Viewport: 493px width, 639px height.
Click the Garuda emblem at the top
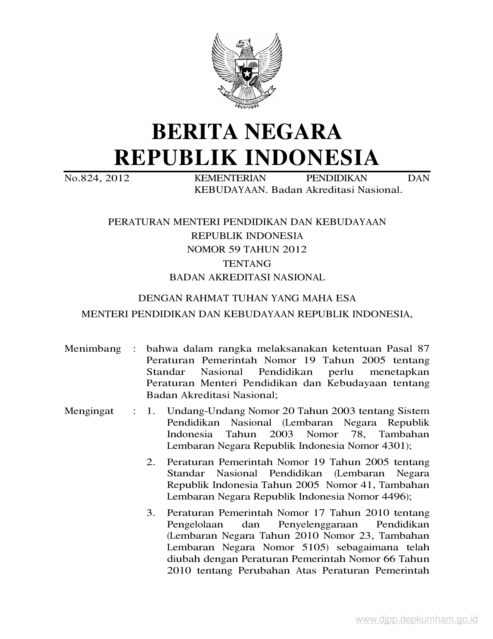[246, 70]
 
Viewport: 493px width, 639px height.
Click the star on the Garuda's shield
[247, 72]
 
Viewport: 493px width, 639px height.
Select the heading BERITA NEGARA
[247, 131]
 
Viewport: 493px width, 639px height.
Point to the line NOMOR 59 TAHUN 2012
[247, 249]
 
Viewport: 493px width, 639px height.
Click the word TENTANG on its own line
[247, 264]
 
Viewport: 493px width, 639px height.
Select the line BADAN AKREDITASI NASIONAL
[247, 277]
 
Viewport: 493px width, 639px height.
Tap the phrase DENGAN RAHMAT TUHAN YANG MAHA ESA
[247, 298]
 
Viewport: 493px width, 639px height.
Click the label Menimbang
[93, 349]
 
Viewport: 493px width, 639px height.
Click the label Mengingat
[89, 411]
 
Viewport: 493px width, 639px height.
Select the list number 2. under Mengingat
[151, 462]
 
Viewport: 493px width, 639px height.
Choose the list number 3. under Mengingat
[151, 513]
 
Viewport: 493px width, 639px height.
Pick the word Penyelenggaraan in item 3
[317, 525]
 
